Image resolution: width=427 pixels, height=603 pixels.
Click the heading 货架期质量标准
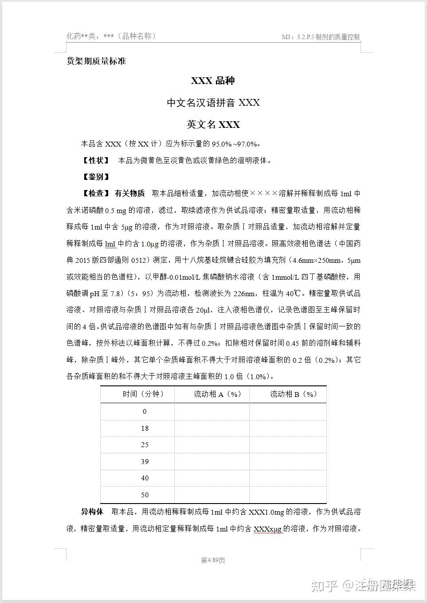[x=96, y=61]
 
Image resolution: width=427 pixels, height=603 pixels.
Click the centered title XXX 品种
[x=213, y=81]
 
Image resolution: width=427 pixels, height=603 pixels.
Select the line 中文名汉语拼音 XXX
[x=213, y=103]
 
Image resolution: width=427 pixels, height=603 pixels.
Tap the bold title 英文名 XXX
[x=213, y=124]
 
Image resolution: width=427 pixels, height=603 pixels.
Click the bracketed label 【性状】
[x=96, y=160]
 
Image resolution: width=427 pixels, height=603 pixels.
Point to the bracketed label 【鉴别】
[x=96, y=177]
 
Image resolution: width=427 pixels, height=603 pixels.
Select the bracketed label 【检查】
[x=96, y=193]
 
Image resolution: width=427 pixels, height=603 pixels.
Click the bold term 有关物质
[x=129, y=193]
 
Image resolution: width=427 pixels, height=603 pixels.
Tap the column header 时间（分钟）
[x=143, y=394]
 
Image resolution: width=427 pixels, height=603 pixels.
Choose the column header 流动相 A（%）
[x=217, y=394]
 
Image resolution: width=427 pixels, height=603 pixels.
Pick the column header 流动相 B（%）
[x=294, y=394]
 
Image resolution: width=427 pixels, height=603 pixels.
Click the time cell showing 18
[x=145, y=428]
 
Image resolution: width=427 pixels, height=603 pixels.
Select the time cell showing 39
[x=145, y=462]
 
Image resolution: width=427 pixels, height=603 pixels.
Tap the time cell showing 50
[x=145, y=495]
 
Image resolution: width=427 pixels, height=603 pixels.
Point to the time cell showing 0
[x=145, y=412]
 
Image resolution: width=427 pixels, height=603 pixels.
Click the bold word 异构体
[x=92, y=512]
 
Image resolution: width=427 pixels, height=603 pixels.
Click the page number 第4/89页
[x=213, y=560]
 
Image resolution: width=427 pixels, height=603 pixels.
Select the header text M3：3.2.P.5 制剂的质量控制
[x=321, y=37]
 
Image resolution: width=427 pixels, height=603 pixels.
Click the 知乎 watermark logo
[x=325, y=586]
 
